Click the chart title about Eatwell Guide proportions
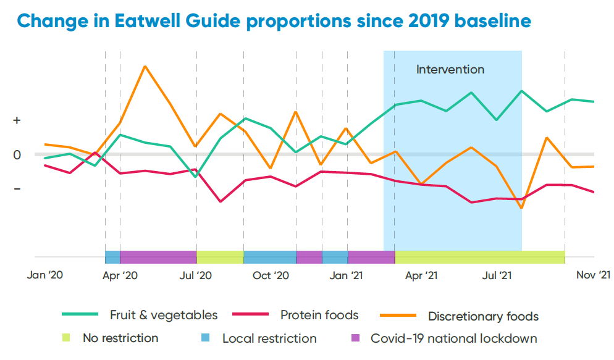tap(274, 20)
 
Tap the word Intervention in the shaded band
tap(450, 70)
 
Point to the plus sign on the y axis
tap(17, 121)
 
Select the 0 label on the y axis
tap(17, 155)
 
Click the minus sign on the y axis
tap(17, 188)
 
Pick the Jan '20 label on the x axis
tap(45, 275)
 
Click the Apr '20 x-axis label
tap(120, 275)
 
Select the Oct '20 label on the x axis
tap(271, 275)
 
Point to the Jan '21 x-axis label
tap(347, 275)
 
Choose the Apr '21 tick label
tap(422, 275)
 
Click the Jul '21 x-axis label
tap(497, 275)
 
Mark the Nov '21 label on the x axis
tap(594, 275)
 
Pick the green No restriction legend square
tap(67, 338)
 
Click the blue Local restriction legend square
tap(206, 338)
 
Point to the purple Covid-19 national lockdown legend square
tap(355, 338)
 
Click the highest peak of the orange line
tap(145, 65)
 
